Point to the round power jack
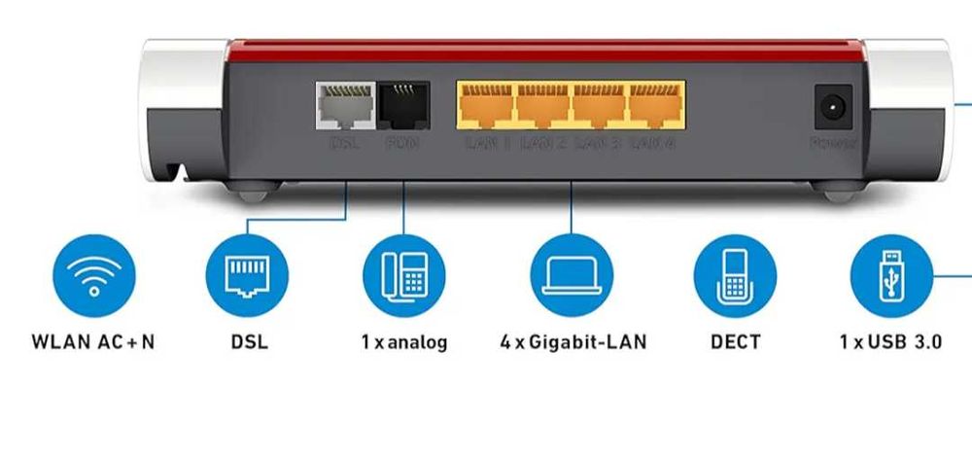832,108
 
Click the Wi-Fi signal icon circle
94,276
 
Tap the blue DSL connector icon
247,276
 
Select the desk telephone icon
404,276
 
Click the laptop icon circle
572,276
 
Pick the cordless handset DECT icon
735,276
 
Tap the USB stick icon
891,276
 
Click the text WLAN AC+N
93,342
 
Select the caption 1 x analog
403,342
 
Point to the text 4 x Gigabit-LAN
573,342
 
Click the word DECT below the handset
735,342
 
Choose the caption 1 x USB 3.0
890,342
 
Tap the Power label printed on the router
833,144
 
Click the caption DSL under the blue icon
249,342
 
